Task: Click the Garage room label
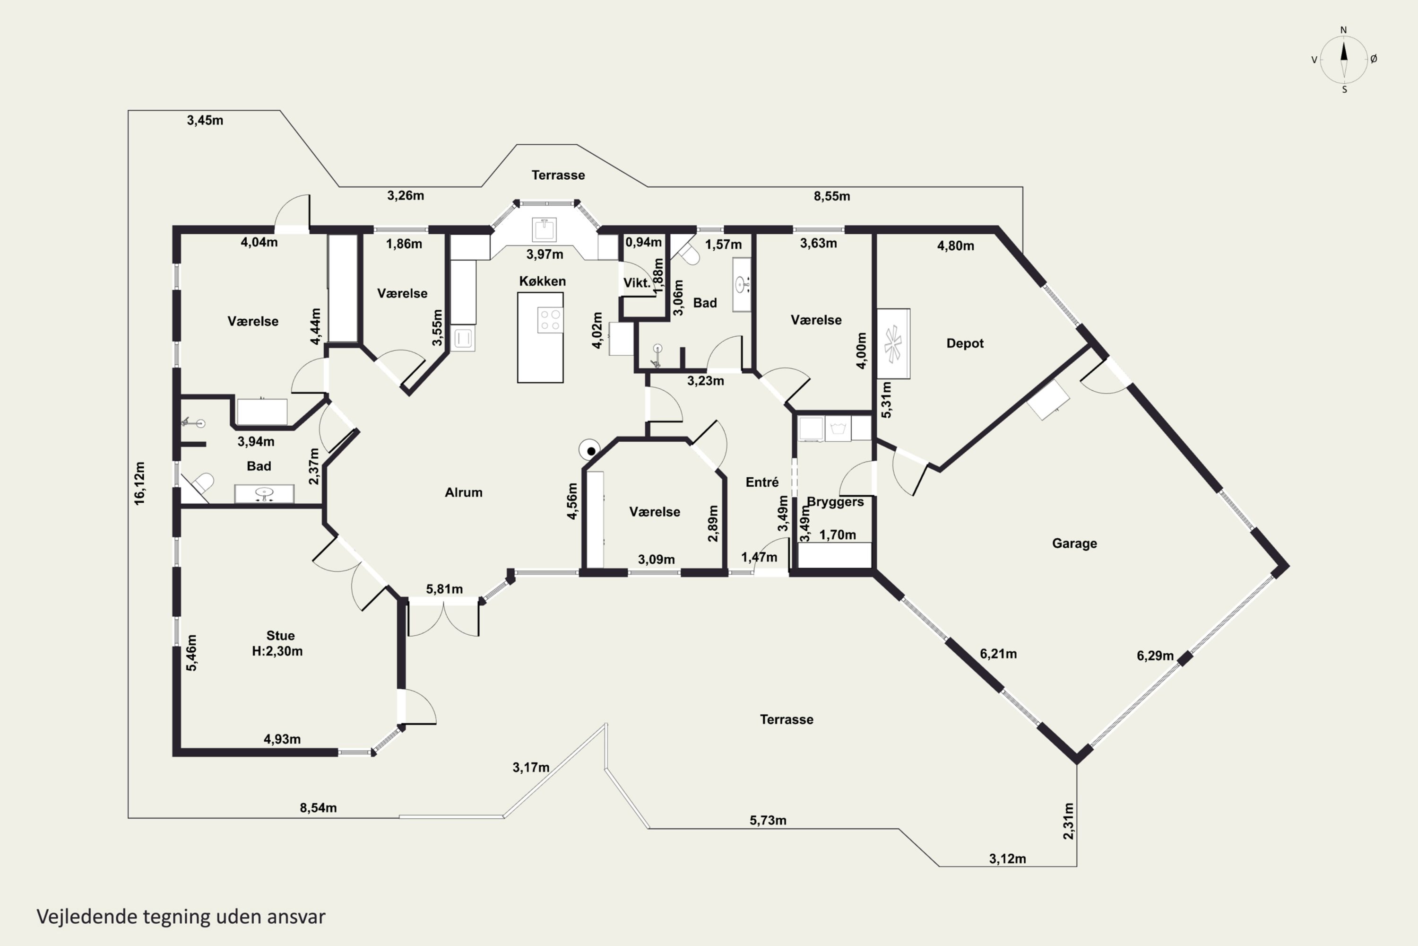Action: pos(1074,543)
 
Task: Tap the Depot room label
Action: pos(965,343)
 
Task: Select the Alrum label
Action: pos(464,492)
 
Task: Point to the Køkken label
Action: pos(543,281)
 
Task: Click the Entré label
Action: pos(762,482)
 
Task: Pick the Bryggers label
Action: pos(835,502)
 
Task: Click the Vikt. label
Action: pos(637,283)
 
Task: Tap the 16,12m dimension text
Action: pos(139,483)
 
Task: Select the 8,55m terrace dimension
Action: pos(832,196)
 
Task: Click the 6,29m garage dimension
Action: pos(1155,656)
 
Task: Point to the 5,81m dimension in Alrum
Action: pos(444,589)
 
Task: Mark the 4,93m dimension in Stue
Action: pos(282,739)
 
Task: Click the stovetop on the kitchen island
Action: pos(550,320)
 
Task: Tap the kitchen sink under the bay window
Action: pos(545,230)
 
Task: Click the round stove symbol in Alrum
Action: pos(589,450)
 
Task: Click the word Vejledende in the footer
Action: pos(87,917)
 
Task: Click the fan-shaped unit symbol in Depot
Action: pos(893,344)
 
